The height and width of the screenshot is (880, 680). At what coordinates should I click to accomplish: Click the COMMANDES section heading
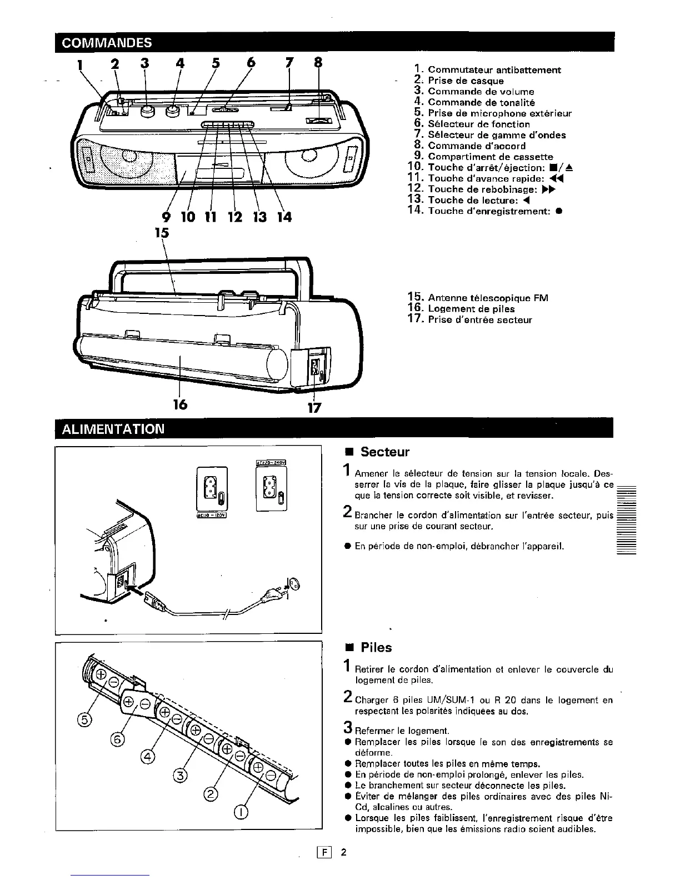point(107,43)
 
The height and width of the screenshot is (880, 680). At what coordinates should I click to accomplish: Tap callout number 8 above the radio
point(318,63)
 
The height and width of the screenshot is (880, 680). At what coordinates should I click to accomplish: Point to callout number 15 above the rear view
point(162,232)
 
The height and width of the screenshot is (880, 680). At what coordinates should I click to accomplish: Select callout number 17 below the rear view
point(314,408)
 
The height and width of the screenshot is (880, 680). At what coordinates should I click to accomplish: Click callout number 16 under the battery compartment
point(179,405)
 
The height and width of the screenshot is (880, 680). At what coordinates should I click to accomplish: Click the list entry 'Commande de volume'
point(481,92)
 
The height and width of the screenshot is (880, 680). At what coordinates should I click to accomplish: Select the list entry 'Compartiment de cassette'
point(490,157)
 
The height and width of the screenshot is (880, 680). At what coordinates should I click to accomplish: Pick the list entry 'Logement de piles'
point(471,309)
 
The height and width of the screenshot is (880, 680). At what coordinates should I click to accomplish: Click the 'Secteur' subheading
point(384,452)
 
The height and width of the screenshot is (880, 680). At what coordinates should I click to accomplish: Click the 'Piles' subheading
point(376,648)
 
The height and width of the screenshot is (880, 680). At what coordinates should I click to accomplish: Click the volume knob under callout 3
point(147,111)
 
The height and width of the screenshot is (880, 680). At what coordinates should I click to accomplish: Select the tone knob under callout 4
point(172,111)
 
